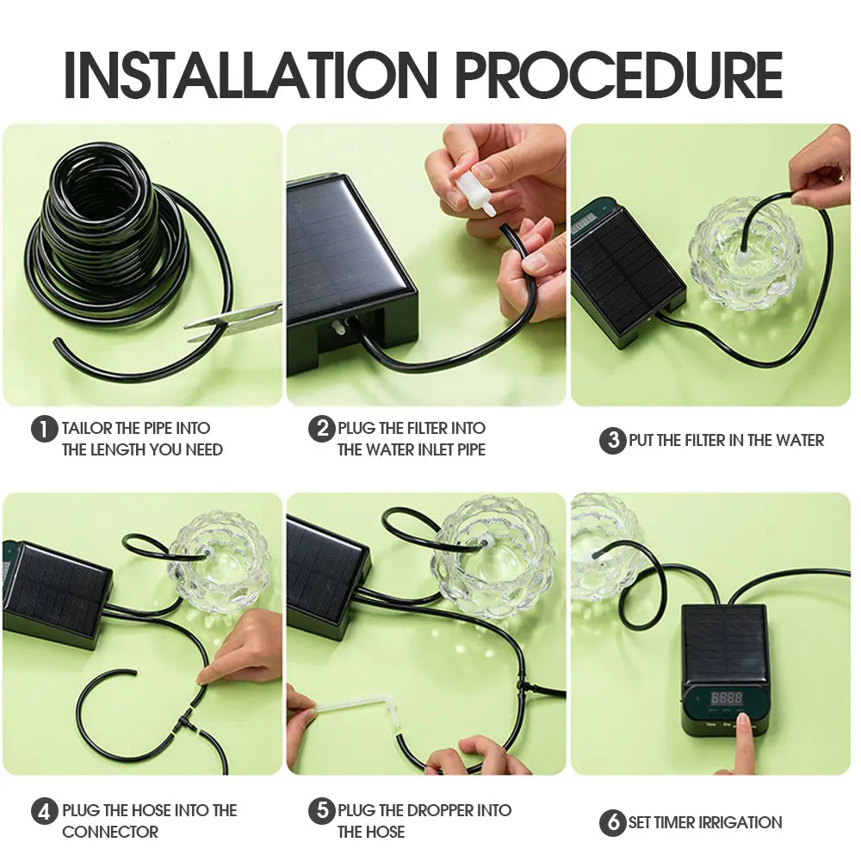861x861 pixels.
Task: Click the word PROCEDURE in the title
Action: tap(618, 75)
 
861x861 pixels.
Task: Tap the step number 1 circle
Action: tap(44, 428)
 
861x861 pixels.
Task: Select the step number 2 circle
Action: tap(321, 428)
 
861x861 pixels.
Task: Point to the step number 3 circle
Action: tap(612, 441)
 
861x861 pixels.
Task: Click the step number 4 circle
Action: tap(44, 811)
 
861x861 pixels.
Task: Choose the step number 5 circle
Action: tap(321, 811)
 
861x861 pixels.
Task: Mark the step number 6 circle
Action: tap(612, 823)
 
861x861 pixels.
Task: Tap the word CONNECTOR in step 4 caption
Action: tap(110, 833)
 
